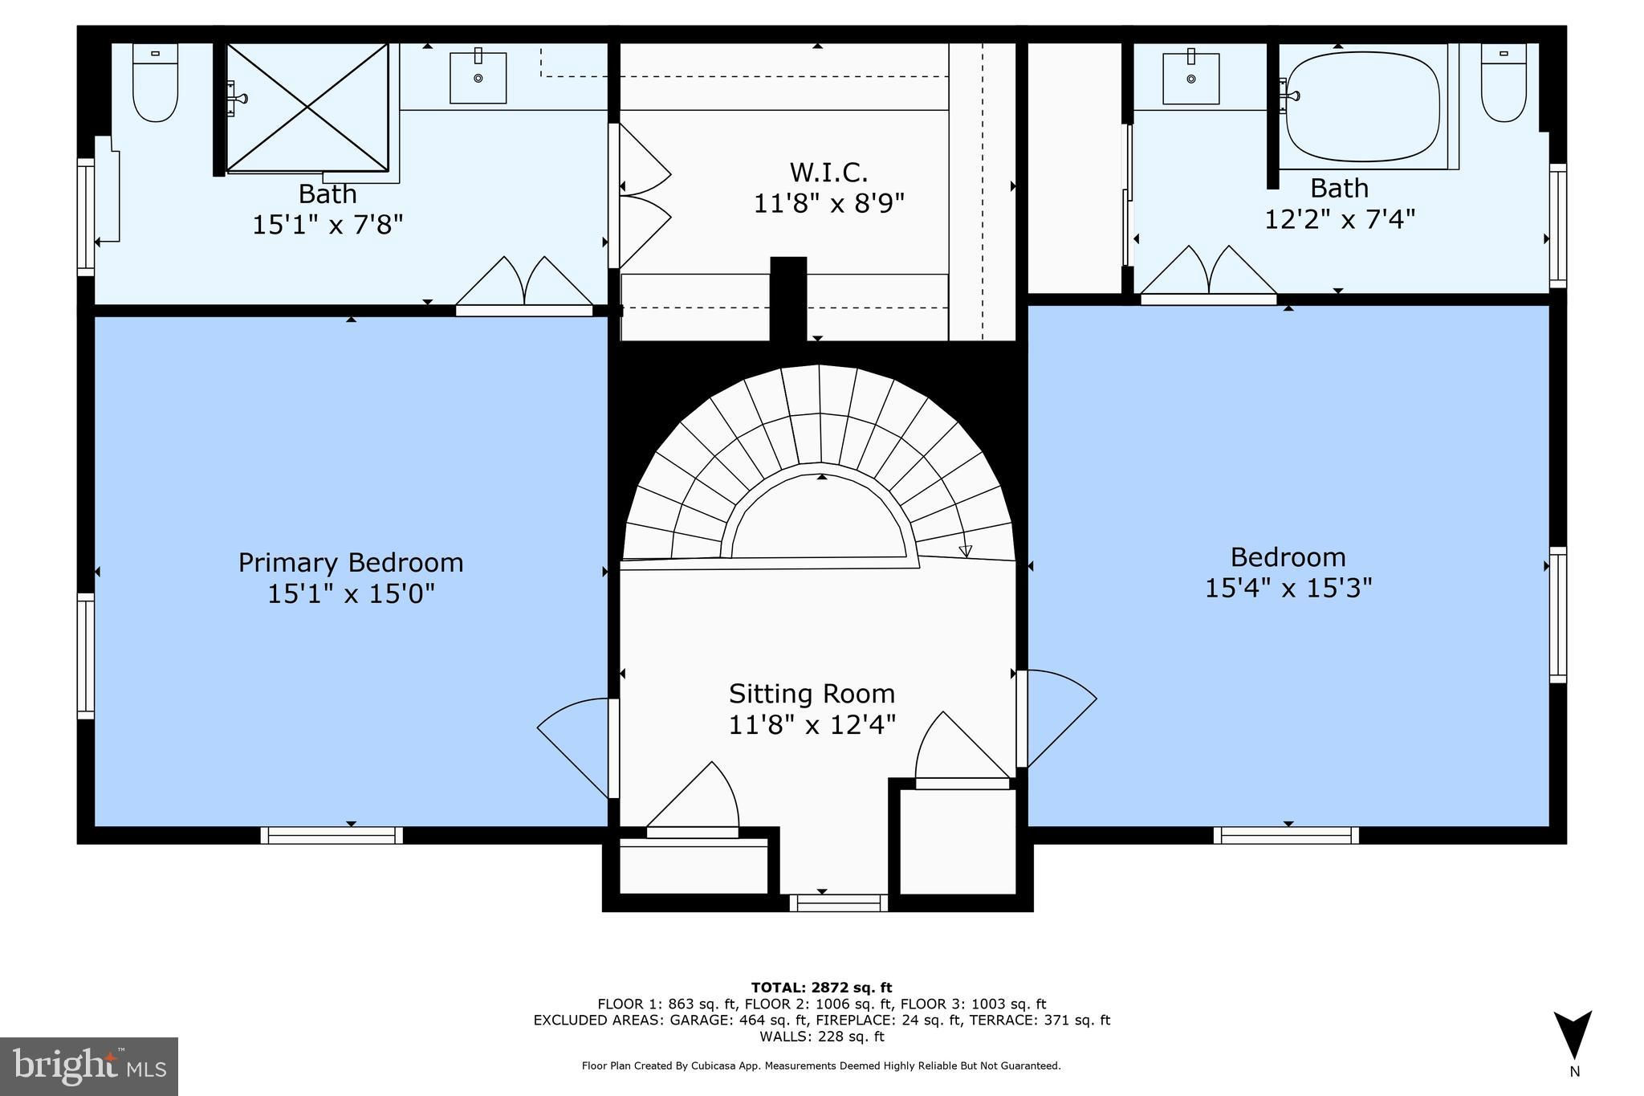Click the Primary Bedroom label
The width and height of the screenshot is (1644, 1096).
pos(351,562)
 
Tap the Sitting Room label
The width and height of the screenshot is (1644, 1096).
pos(812,693)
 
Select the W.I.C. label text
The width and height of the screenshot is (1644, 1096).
pos(828,172)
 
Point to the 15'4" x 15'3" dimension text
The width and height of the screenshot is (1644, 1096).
pos(1288,588)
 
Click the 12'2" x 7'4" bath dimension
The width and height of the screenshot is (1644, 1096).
pos(1340,218)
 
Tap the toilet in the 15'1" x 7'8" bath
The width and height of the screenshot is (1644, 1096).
pos(155,83)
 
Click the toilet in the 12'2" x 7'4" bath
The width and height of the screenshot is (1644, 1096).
pos(1504,83)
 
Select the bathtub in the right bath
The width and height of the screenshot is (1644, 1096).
pos(1362,108)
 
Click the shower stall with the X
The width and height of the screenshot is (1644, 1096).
pos(307,107)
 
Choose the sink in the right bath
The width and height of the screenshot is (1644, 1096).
pos(1191,77)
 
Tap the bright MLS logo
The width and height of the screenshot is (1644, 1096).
pos(89,1066)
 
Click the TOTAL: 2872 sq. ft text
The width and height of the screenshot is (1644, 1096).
pos(821,988)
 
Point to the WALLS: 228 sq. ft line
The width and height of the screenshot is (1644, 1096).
pos(821,1037)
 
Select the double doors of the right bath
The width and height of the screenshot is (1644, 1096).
pos(1208,275)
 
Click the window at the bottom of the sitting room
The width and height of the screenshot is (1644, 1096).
pos(838,902)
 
